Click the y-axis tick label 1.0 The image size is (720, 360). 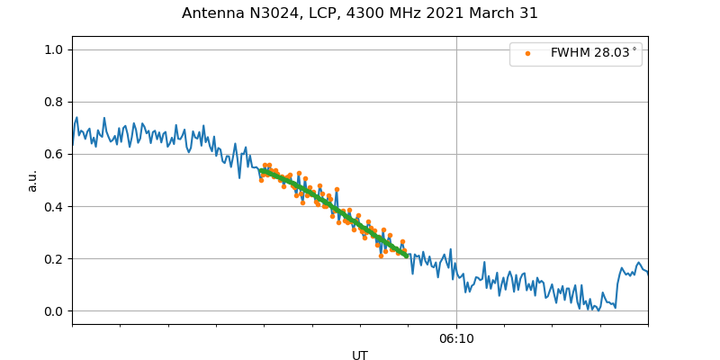click(x=54, y=49)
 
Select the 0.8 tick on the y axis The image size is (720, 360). click(x=54, y=102)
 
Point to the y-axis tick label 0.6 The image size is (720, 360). click(x=54, y=154)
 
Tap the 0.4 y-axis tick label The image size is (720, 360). click(x=54, y=207)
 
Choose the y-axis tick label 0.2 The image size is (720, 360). click(x=54, y=259)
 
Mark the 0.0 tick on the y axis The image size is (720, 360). click(x=54, y=311)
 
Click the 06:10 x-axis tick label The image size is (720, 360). click(x=456, y=339)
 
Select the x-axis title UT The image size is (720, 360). click(x=360, y=355)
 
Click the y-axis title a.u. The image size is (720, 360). click(x=32, y=180)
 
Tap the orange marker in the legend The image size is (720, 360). click(x=527, y=54)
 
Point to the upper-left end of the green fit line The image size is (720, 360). click(x=261, y=170)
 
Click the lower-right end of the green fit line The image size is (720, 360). click(x=407, y=256)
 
